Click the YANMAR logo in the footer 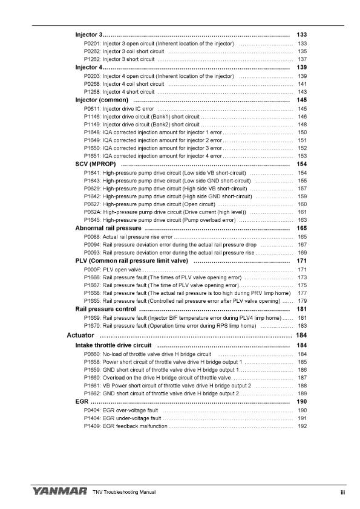click(57, 492)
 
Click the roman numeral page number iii click(342, 493)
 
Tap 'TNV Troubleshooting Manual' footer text click(124, 493)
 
